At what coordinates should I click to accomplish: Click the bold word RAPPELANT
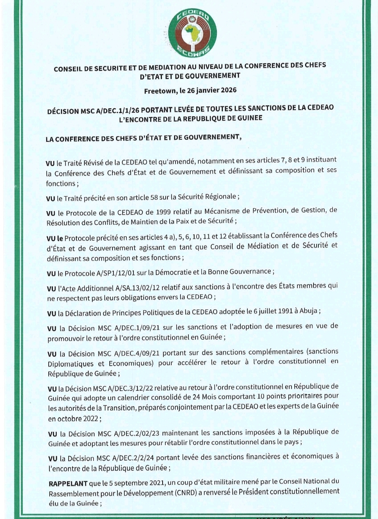[x=68, y=484]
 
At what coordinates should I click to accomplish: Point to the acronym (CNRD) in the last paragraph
[x=185, y=493]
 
